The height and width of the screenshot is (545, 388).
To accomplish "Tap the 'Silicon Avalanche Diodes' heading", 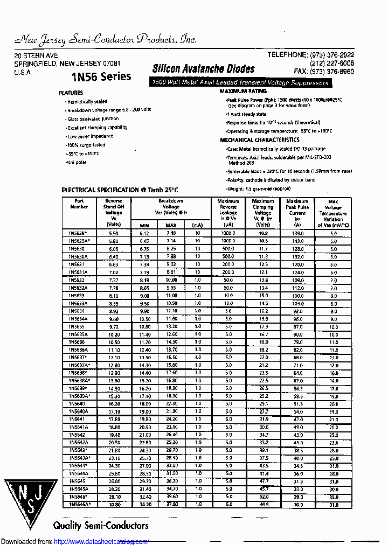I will pyautogui.click(x=203, y=69).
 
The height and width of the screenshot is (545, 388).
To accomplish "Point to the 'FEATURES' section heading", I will pyautogui.click(x=71, y=93).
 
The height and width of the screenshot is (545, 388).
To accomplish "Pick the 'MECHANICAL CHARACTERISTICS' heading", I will pyautogui.click(x=260, y=140).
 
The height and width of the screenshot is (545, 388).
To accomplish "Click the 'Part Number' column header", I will pyautogui.click(x=79, y=204).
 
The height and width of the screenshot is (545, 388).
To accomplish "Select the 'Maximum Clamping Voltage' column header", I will pyautogui.click(x=262, y=210).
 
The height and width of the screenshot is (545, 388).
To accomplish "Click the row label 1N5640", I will pyautogui.click(x=77, y=403).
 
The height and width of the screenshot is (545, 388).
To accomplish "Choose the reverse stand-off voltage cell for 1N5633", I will pyautogui.click(x=113, y=296).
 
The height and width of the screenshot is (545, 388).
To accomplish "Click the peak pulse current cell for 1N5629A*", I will pyautogui.click(x=297, y=241).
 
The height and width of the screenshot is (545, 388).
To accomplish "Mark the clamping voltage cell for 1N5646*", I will pyautogui.click(x=263, y=497).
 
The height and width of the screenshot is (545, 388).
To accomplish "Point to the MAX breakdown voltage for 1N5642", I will pyautogui.click(x=171, y=435).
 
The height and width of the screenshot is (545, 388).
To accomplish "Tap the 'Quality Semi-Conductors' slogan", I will pyautogui.click(x=100, y=526).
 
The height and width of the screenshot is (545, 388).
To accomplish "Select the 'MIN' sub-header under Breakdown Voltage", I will pyautogui.click(x=144, y=225).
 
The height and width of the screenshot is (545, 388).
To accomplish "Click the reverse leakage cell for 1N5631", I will pyautogui.click(x=228, y=264).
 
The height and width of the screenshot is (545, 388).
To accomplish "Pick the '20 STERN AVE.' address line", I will pyautogui.click(x=37, y=56).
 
